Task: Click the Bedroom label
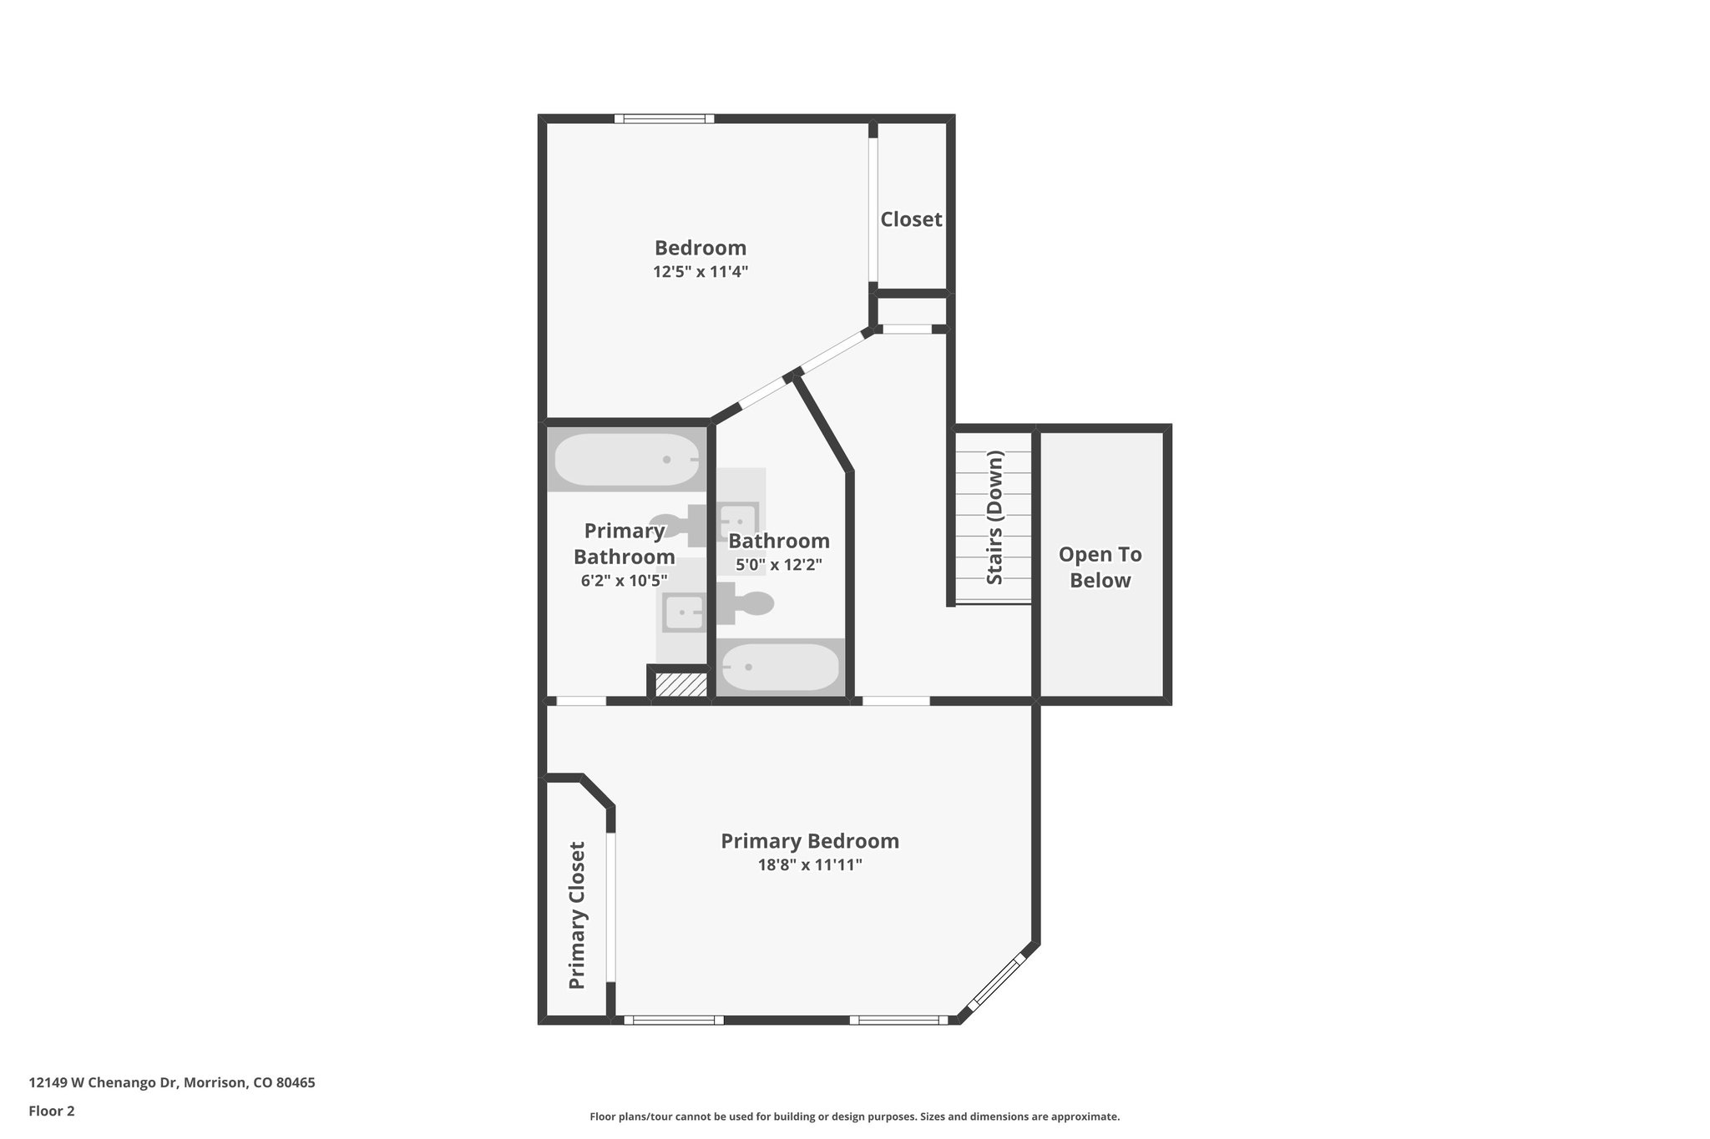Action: coord(700,248)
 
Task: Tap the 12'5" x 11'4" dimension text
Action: coord(700,272)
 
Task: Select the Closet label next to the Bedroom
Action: coord(911,219)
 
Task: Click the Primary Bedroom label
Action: coord(810,841)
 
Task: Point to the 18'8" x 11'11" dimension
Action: coord(810,865)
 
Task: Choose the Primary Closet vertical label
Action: coord(577,915)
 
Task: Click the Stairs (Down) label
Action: coord(994,517)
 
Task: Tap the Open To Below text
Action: coord(1100,567)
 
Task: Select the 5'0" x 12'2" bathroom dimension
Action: coord(778,565)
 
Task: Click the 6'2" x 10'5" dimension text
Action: coord(624,581)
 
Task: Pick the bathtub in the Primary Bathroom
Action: coord(627,460)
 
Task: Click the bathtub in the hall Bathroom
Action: coord(780,667)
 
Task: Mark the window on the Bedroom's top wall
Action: coord(665,118)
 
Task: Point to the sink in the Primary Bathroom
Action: coord(683,612)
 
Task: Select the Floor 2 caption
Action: coord(52,1111)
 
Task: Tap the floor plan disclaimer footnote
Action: coord(854,1116)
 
